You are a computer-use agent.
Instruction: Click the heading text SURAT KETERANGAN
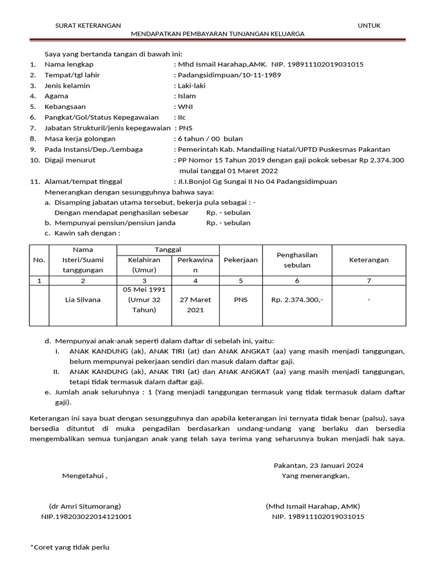(88, 26)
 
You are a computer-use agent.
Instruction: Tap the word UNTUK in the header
(369, 26)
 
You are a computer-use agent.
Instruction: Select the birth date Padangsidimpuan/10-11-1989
(229, 75)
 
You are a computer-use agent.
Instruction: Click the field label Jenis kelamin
(67, 86)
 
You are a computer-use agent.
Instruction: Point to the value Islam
(186, 96)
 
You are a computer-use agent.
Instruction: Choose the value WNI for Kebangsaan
(185, 107)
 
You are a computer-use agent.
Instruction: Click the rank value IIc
(182, 117)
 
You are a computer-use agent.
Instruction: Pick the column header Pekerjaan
(241, 260)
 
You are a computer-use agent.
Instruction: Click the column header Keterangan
(369, 260)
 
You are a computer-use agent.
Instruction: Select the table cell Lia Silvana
(83, 300)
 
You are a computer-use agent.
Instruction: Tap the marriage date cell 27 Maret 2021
(195, 305)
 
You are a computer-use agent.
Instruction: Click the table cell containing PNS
(241, 300)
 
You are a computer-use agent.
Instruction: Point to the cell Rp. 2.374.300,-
(297, 300)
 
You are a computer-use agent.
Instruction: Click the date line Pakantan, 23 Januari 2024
(319, 465)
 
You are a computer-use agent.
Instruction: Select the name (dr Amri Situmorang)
(85, 506)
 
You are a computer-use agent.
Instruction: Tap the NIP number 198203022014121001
(86, 517)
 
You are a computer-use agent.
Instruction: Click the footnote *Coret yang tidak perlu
(69, 547)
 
